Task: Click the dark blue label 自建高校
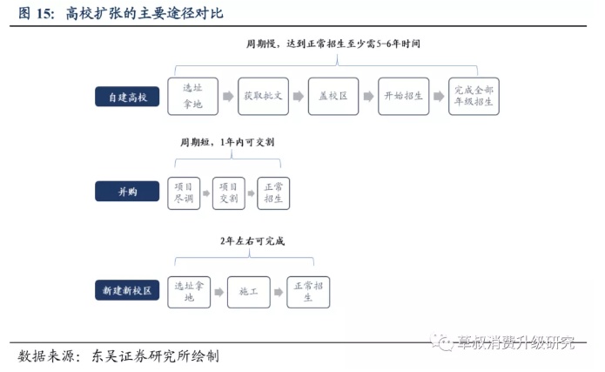point(127,97)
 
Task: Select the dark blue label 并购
point(127,193)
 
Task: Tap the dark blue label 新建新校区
point(127,290)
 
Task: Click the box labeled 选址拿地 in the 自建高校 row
point(192,97)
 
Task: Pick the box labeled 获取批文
point(262,97)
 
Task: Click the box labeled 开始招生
point(403,97)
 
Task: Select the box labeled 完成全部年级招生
point(474,97)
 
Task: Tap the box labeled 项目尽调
point(184,193)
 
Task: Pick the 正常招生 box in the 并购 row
point(273,193)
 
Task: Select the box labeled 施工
point(249,290)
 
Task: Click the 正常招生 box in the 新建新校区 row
point(308,290)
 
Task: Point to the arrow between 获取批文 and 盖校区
point(298,97)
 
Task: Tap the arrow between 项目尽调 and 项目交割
point(206,193)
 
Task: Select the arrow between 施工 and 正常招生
point(279,290)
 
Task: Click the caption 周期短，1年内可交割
point(227,142)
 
